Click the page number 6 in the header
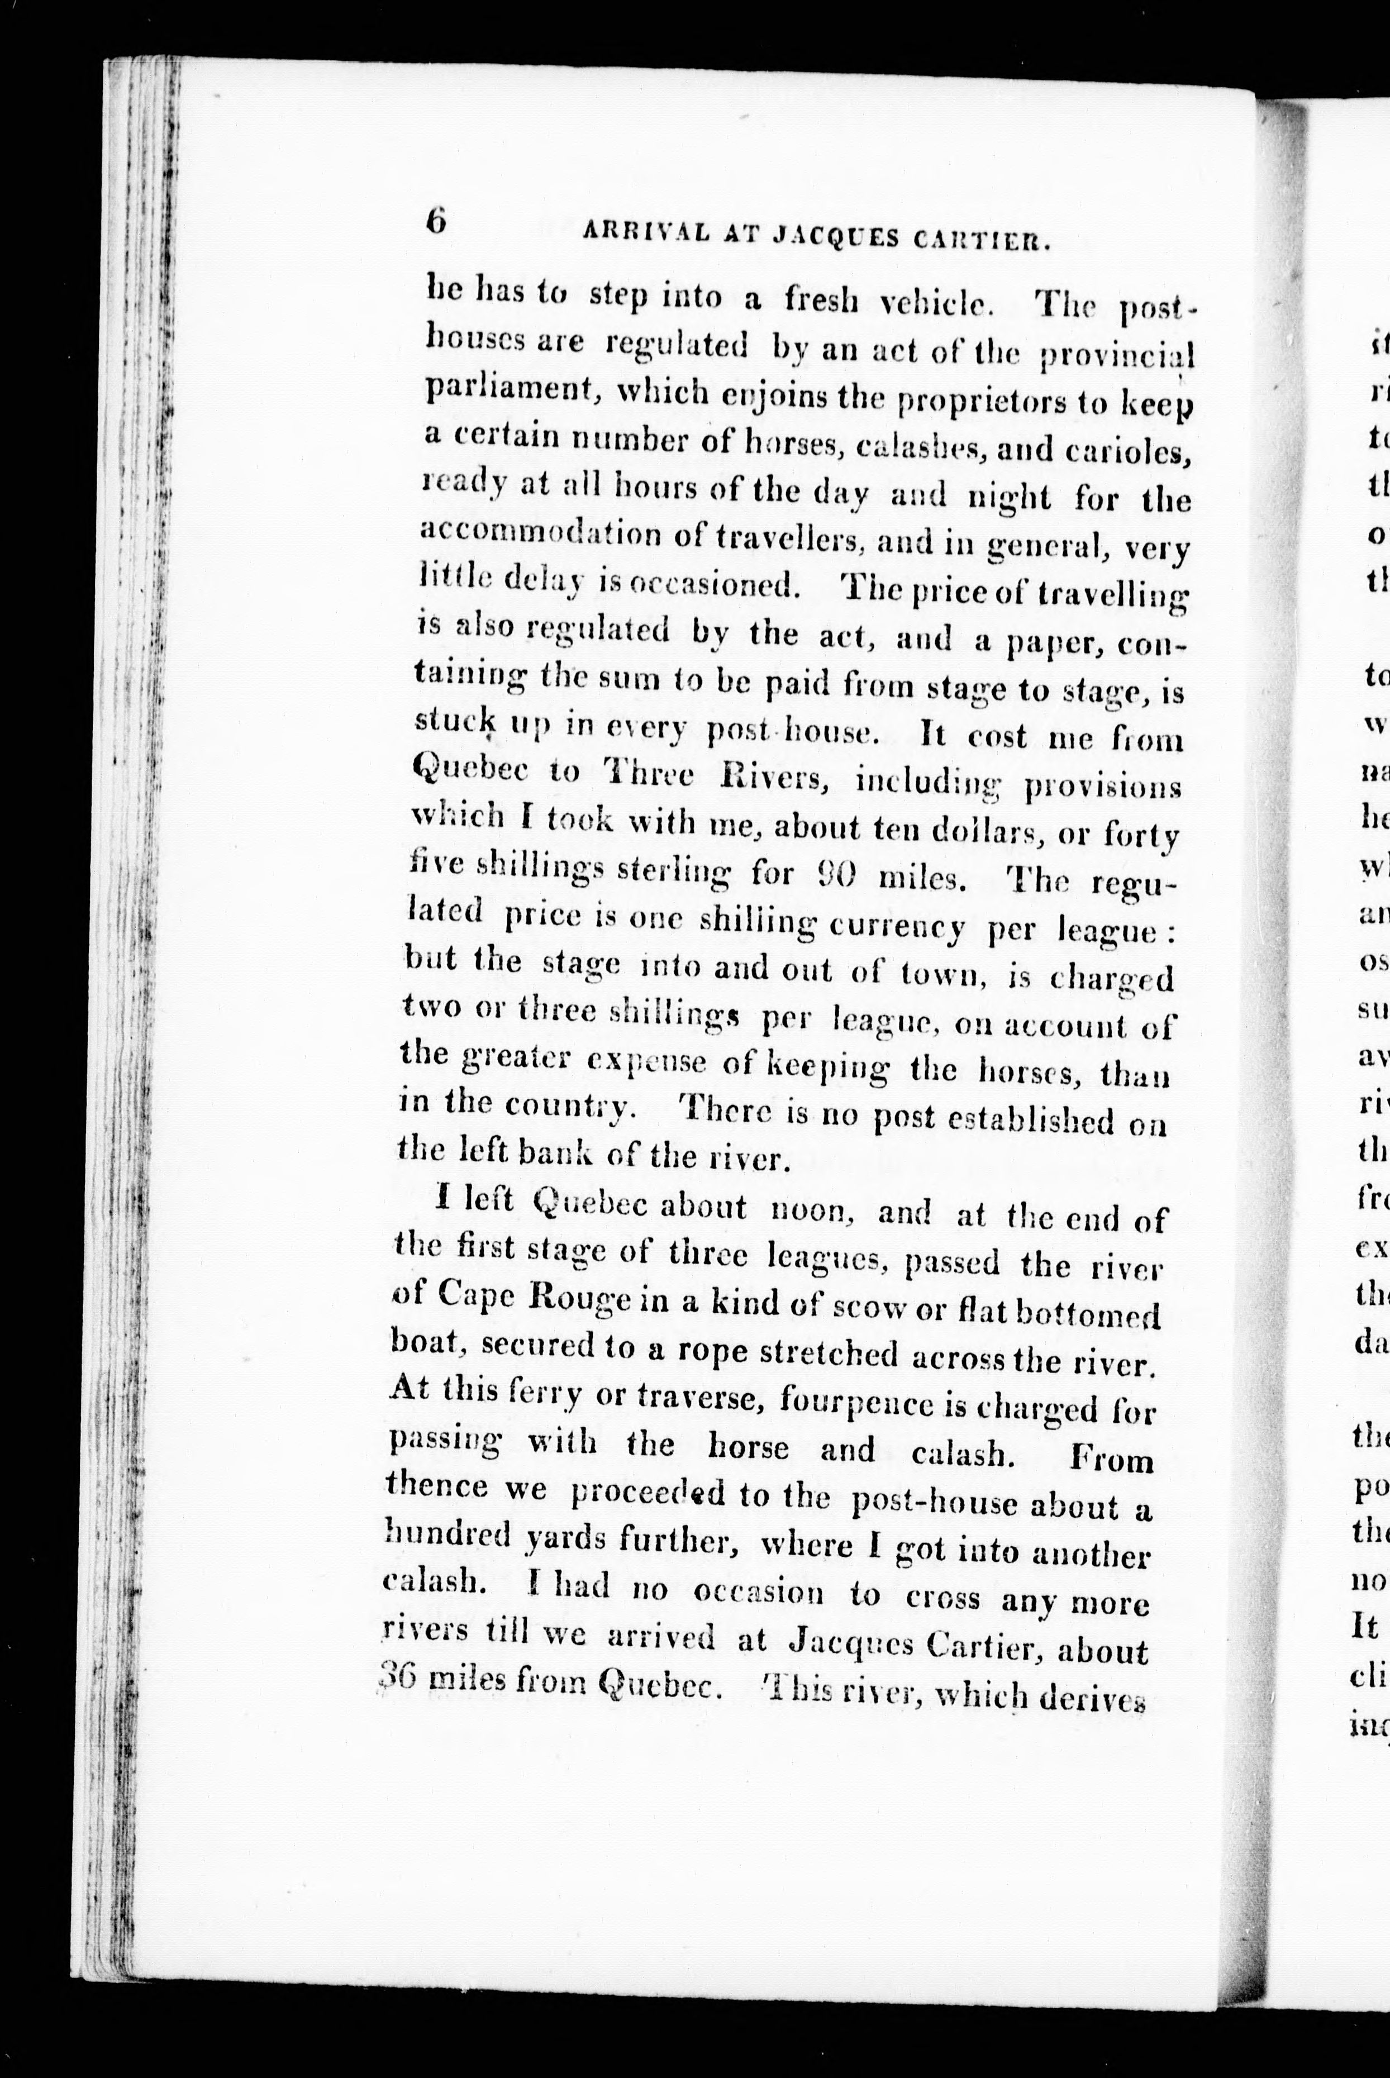point(436,221)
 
